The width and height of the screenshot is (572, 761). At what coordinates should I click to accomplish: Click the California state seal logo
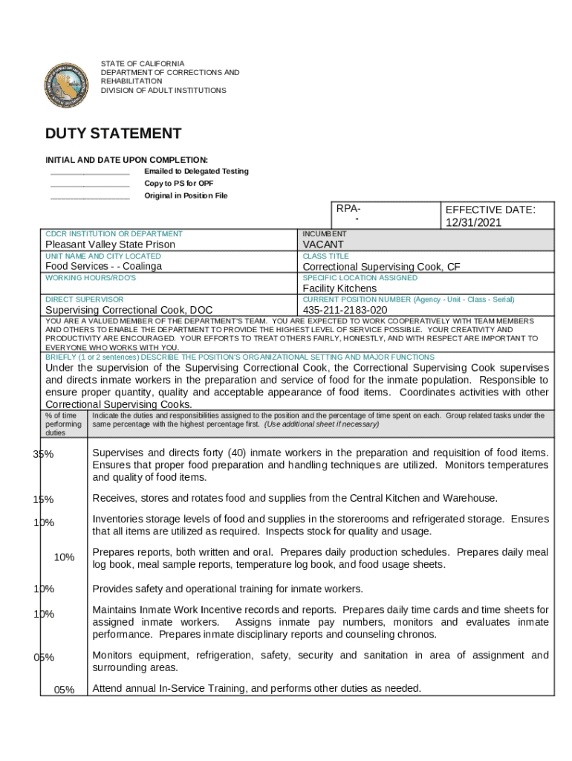pos(66,85)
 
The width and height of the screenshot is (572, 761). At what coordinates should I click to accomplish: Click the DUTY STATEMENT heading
pos(113,134)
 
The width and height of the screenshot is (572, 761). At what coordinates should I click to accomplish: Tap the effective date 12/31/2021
pos(473,222)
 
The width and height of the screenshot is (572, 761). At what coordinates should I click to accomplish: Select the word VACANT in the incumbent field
pos(323,245)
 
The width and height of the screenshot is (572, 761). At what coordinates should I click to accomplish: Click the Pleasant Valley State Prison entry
pos(111,245)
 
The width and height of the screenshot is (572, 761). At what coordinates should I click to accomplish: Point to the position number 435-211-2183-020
pos(345,310)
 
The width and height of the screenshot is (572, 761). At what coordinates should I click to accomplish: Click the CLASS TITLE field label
pos(325,256)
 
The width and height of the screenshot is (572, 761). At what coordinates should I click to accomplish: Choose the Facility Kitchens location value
pos(339,288)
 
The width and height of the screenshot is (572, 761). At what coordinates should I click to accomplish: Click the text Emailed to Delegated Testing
pos(196,171)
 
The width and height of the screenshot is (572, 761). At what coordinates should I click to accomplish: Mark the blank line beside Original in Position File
pos(90,198)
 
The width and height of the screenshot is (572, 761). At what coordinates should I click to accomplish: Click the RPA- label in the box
pos(348,209)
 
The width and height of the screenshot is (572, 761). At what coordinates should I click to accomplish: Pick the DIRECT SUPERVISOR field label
pos(84,299)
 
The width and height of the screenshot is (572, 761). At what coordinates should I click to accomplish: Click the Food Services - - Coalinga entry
pos(104,266)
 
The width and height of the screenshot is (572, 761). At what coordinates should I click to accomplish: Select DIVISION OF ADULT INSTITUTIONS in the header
pos(163,91)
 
